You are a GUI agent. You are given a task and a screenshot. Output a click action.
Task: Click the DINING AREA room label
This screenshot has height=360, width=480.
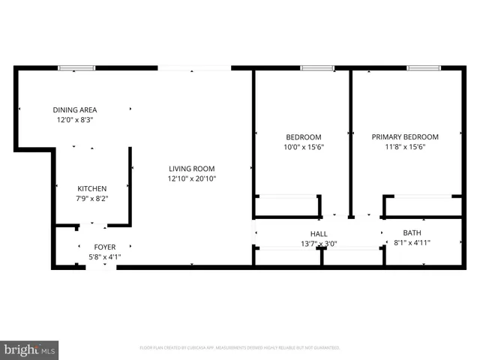tap(74, 109)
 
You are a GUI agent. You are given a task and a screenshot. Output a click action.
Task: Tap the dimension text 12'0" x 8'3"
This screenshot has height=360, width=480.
tap(74, 119)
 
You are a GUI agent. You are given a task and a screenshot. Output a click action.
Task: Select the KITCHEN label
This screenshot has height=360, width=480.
tap(92, 188)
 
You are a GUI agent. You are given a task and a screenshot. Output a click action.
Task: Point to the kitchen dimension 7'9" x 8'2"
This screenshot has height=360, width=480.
tap(92, 198)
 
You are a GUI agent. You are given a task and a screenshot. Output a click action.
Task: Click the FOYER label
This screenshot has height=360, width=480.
tap(104, 247)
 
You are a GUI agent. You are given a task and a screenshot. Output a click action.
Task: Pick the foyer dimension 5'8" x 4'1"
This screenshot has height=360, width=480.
tap(104, 256)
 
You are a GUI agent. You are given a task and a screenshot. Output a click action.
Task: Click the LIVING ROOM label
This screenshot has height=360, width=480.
tap(191, 169)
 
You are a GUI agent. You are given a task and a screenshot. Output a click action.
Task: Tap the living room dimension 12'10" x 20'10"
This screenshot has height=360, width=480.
tap(191, 178)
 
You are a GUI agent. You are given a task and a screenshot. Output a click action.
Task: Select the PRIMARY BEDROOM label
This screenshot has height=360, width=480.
tap(405, 136)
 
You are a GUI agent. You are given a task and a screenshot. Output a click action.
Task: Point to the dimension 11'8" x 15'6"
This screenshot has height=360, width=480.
tap(405, 147)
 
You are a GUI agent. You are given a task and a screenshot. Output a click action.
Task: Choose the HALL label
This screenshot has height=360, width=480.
tap(319, 233)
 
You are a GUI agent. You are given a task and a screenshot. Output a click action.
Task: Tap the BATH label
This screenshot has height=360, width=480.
tap(412, 232)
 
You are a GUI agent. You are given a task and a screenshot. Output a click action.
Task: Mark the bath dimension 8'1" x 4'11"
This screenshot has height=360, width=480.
tap(412, 242)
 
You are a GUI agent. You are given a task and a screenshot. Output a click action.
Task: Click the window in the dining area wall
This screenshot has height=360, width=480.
tap(77, 68)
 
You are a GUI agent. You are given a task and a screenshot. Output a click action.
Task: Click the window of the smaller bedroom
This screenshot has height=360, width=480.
tap(317, 68)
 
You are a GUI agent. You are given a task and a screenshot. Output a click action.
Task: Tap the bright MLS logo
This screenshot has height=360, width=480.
tap(30, 349)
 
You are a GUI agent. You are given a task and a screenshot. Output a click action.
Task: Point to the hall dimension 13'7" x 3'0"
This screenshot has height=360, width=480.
tap(319, 243)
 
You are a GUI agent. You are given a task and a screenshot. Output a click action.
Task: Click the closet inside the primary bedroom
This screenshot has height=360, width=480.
tap(422, 206)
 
